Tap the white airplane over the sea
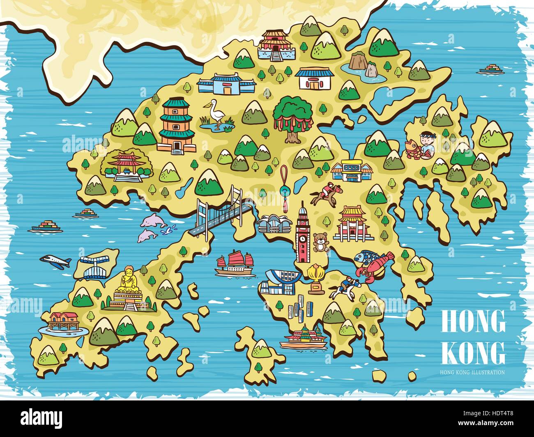tap(56, 262)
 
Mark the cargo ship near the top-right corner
tap(491, 69)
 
